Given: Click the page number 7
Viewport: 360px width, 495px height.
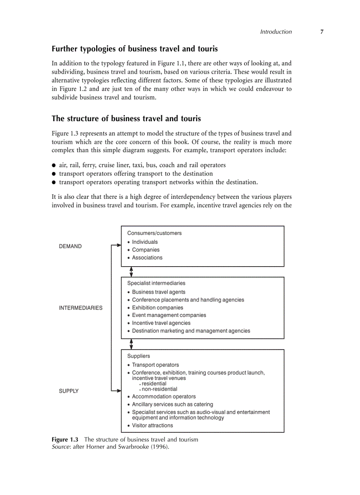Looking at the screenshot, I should coord(322,32).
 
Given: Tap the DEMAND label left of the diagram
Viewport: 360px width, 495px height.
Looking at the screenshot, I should coord(70,246).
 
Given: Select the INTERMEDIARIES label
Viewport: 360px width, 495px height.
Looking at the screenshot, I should coord(80,308).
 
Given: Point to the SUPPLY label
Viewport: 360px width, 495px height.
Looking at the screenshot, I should coord(69,391).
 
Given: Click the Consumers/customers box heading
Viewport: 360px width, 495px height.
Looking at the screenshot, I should coord(154,233).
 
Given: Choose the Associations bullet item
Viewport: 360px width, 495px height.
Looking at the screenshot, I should coord(147,258).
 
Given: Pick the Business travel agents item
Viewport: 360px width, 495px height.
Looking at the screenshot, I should coord(158,292).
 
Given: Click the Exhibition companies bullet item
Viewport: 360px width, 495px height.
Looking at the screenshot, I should coord(157,308).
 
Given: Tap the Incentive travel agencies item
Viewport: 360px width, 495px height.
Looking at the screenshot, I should coord(161,323).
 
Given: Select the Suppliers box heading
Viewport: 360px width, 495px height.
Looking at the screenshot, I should coord(139,356).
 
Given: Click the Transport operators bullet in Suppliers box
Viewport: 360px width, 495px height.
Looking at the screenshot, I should coord(155,365).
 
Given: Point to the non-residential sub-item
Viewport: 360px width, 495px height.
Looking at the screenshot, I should coord(159,389).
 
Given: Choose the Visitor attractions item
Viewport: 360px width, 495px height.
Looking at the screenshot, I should coord(152,425).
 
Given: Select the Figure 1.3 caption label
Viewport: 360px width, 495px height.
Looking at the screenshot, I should coord(65,439).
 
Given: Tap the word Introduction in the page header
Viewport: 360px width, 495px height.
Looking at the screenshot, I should coord(276,32).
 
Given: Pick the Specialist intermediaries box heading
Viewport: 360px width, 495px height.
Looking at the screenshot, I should coord(156,283).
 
